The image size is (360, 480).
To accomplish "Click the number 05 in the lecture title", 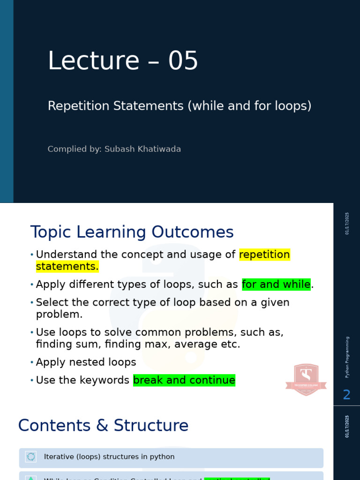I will click(x=183, y=61).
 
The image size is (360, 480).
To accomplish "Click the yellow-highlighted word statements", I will click(x=67, y=266).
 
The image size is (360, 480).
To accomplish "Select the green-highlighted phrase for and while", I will click(x=276, y=285).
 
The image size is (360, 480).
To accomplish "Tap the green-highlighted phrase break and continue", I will click(x=184, y=380).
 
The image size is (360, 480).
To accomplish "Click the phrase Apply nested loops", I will click(x=86, y=362).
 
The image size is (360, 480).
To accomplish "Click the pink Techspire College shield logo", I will click(x=306, y=379).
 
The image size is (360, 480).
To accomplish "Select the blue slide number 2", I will click(x=346, y=395).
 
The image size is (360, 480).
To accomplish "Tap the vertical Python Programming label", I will click(x=347, y=357).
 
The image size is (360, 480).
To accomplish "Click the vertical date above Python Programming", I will click(x=347, y=223).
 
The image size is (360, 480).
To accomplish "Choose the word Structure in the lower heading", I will click(x=151, y=426).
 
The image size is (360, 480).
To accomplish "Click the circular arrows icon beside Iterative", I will click(x=31, y=457).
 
